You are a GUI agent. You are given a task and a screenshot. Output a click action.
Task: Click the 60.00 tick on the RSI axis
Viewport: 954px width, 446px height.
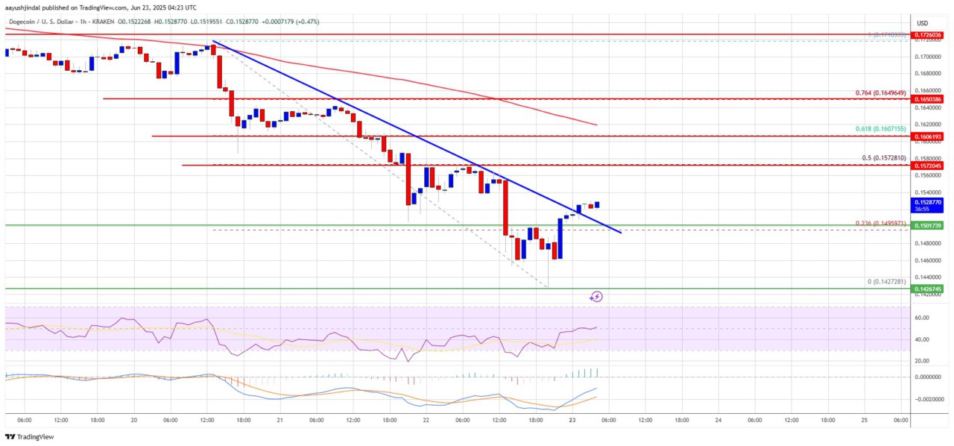click(922, 318)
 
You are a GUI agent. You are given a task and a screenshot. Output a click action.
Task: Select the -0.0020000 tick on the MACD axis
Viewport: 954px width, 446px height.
click(926, 400)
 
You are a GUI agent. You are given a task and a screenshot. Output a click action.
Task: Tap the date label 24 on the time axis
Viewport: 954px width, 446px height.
click(718, 421)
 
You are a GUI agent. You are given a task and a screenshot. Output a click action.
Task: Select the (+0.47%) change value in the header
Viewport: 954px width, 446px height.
click(306, 22)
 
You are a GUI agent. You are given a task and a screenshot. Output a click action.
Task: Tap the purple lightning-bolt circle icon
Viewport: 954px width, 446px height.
click(596, 297)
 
